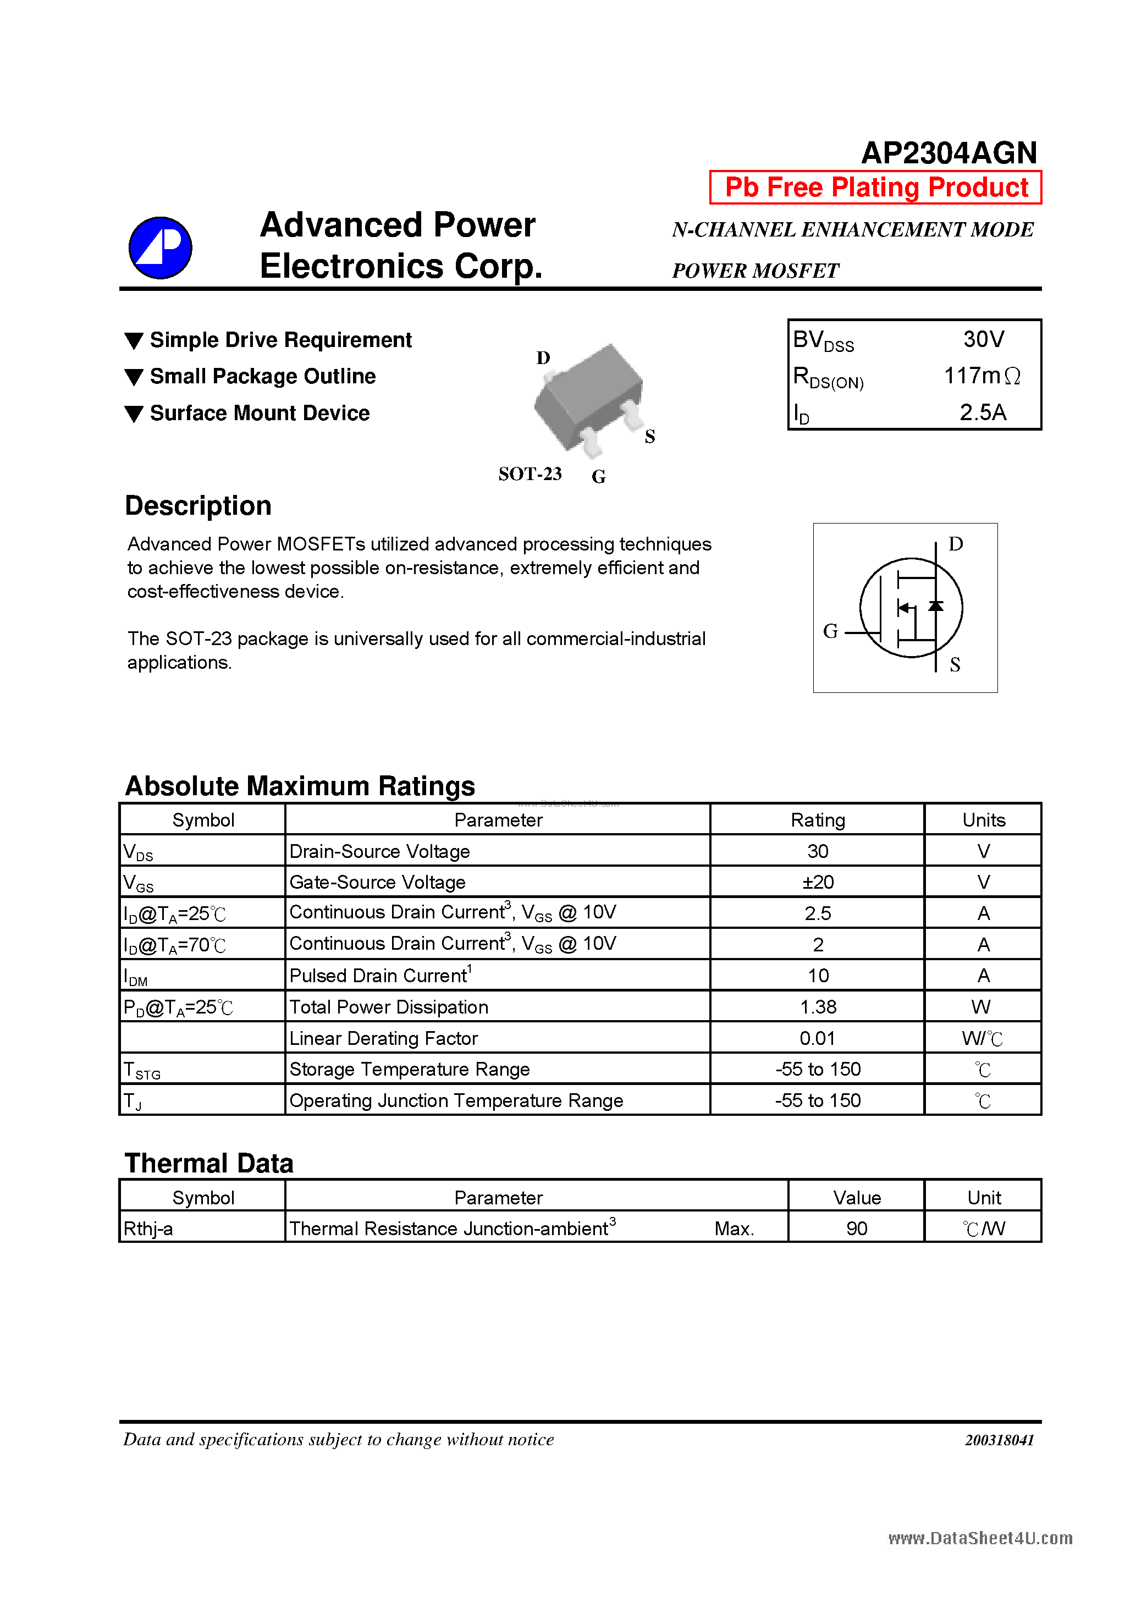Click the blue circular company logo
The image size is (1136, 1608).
tap(161, 248)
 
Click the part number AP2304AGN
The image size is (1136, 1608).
tap(948, 153)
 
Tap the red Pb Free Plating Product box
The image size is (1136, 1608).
tap(875, 188)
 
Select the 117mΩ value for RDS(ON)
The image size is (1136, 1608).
tap(981, 376)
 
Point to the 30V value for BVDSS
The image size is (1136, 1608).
tap(983, 340)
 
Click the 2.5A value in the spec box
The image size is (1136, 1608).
tap(983, 412)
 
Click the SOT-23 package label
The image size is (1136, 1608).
tap(530, 474)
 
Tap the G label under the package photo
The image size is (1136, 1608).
tap(598, 477)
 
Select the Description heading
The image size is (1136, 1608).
tap(198, 505)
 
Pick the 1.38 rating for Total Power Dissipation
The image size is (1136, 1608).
tap(817, 1007)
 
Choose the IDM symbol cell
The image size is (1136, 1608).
tap(136, 976)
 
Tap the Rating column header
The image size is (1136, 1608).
tap(817, 820)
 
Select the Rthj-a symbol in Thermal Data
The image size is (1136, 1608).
tap(148, 1229)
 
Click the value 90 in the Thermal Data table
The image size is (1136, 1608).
tap(857, 1229)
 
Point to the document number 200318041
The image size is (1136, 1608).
tap(999, 1440)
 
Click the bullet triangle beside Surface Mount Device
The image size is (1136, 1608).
tap(134, 414)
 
